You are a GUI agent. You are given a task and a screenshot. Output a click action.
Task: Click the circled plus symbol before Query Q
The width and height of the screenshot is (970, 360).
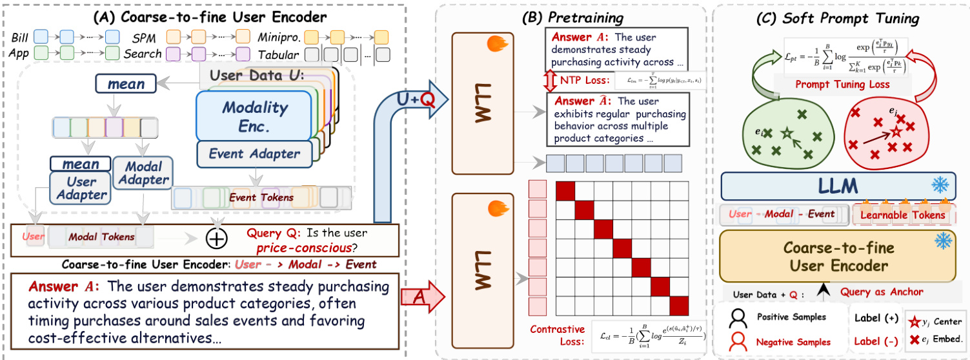coord(216,239)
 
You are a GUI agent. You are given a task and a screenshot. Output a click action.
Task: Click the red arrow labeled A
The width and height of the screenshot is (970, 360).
coord(422,298)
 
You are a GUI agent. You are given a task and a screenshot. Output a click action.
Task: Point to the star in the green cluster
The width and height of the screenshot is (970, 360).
coord(786,133)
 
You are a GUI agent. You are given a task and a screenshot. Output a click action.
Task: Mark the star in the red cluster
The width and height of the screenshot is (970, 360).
coord(896,131)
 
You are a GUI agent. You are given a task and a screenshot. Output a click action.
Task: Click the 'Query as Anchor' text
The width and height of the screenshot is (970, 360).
coord(882,292)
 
